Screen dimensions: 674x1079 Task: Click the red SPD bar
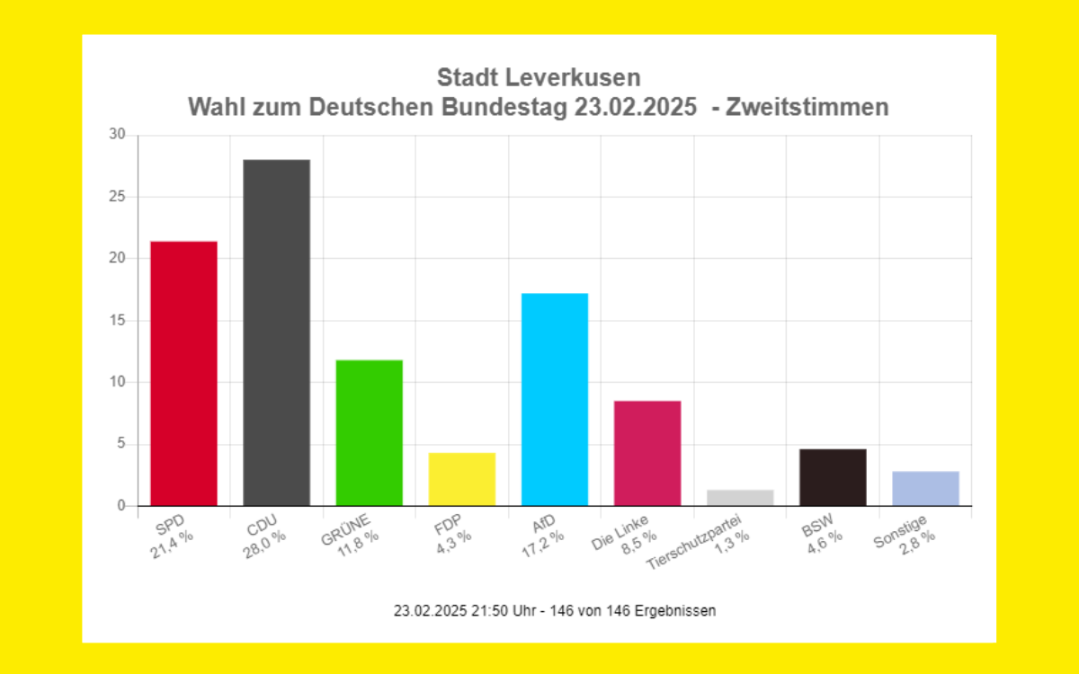183,373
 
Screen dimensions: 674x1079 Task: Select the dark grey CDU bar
276,333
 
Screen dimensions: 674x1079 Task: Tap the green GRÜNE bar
369,432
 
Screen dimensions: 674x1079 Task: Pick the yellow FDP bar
461,479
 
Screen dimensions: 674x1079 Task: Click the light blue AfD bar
555,399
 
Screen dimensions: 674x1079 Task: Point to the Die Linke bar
647,453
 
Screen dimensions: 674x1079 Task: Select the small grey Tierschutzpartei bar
740,498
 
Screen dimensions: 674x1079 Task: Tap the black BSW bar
833,477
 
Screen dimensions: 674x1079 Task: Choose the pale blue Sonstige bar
925,488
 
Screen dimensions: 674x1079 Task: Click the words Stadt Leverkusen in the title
538,77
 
